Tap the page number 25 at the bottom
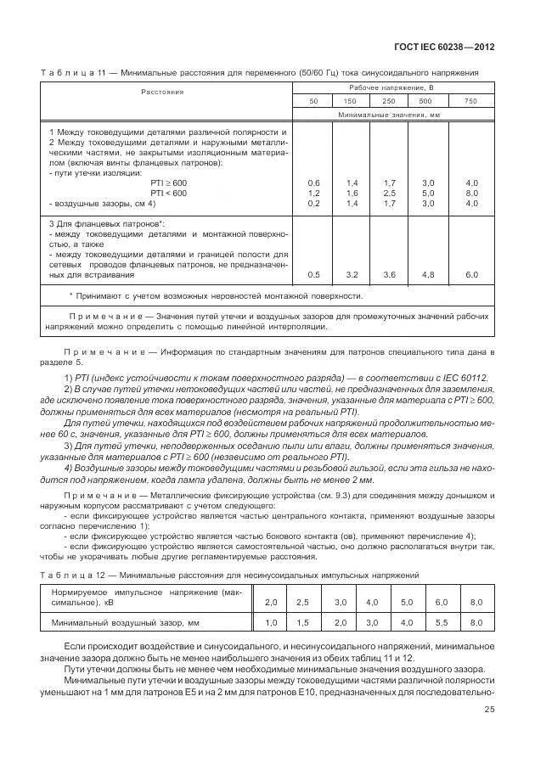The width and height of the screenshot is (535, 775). pos(489,710)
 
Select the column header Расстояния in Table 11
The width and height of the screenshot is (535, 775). pos(162,91)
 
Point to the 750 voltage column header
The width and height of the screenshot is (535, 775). pos(471,101)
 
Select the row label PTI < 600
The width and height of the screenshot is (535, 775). pos(167,193)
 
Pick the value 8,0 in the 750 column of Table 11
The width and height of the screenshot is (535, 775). pos(472,193)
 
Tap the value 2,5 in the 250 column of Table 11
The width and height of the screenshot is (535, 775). pos(390,193)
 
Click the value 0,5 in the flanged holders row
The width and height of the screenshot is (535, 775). pos(313,274)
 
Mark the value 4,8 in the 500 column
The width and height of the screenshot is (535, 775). pos(428,274)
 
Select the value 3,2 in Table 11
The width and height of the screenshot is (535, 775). pos(352,274)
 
